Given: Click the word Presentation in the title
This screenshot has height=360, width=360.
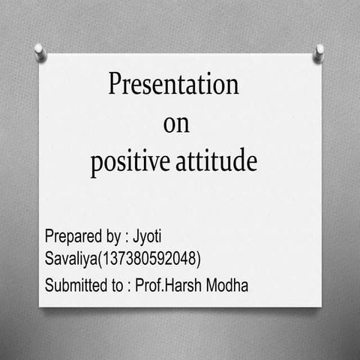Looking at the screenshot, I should (x=174, y=83).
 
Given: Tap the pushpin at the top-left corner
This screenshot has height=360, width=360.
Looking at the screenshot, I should (x=40, y=52).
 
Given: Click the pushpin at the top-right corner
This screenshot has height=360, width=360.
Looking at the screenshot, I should (x=319, y=52).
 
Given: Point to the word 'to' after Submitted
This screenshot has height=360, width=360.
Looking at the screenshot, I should (x=118, y=286).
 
